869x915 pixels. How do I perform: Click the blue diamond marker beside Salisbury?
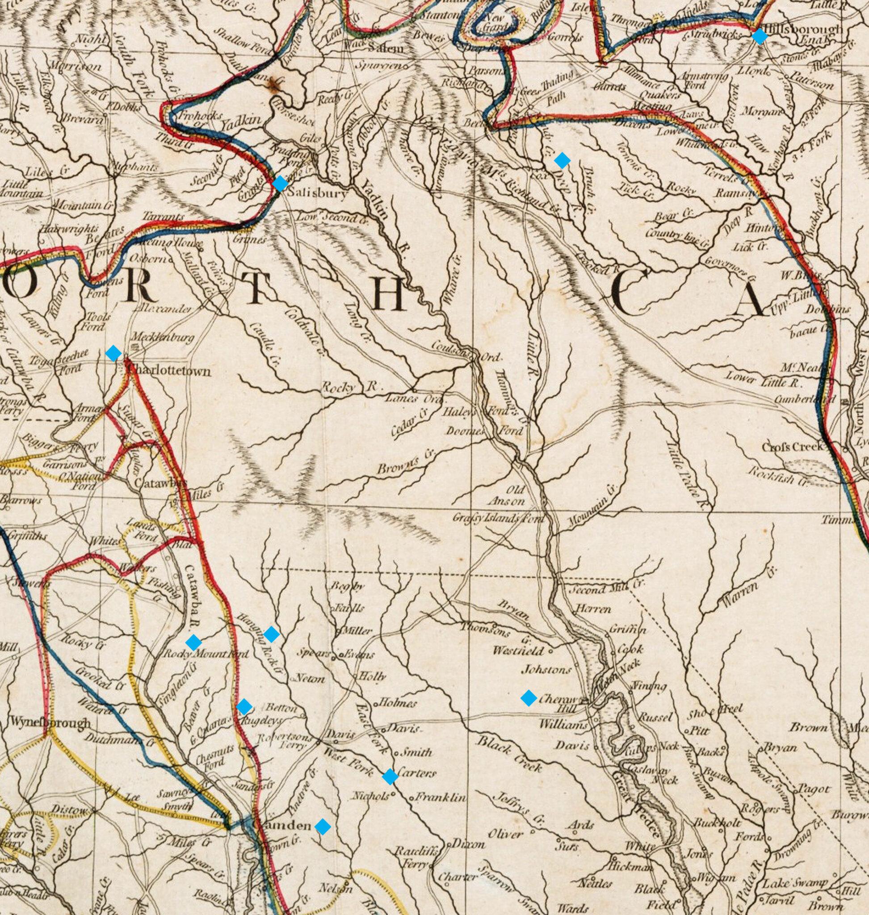coord(280,184)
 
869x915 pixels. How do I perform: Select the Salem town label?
coord(386,49)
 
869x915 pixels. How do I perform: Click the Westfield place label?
coord(519,651)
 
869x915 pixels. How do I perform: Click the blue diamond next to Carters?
coord(390,777)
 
